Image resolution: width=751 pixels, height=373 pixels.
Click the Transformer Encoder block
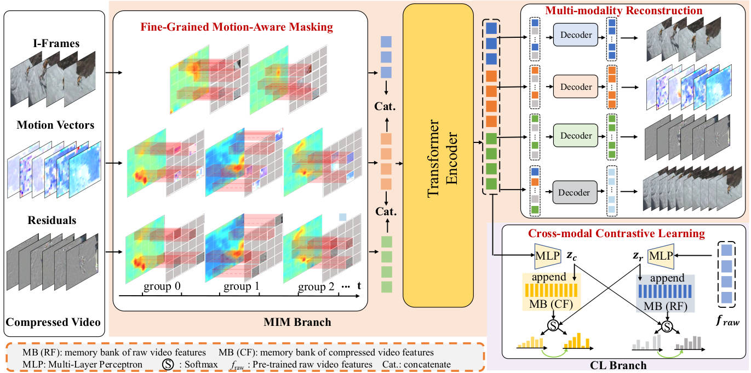click(438, 155)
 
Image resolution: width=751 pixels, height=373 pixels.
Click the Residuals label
click(53, 221)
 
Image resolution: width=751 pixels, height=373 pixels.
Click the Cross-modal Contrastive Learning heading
click(616, 233)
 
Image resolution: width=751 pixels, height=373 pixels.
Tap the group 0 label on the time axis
click(162, 286)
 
